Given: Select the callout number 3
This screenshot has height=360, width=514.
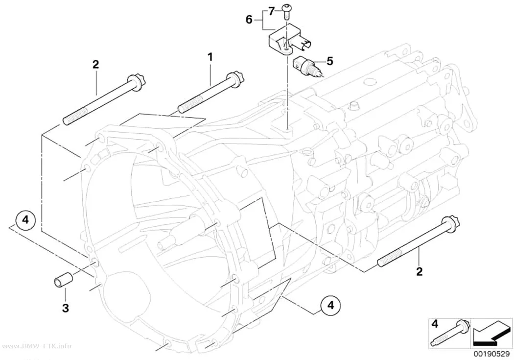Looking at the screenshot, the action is coord(66,308).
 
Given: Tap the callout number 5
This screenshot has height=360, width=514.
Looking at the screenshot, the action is coord(329,61).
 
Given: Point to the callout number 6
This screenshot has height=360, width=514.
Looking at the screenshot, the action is coord(249,20).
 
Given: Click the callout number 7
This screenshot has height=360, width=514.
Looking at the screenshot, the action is coord(271,12).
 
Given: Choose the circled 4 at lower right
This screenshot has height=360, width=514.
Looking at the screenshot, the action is coord(330,306).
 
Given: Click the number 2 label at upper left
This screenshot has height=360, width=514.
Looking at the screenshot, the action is coord(95,64).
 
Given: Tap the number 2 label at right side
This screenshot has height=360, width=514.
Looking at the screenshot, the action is coord(419,271).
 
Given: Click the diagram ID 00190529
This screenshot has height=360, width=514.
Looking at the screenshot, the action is coord(491,354).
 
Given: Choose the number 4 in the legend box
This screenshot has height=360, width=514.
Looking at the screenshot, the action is coord(435,324).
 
